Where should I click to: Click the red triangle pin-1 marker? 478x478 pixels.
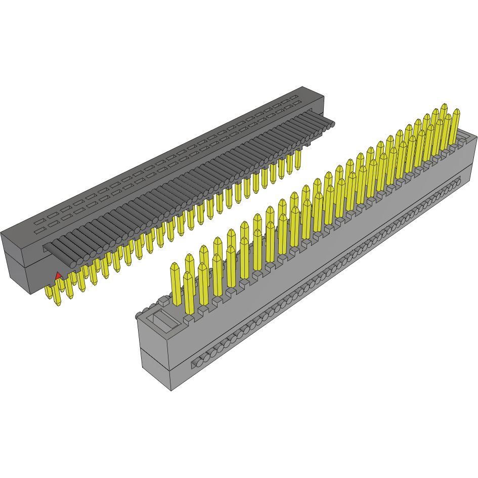58,275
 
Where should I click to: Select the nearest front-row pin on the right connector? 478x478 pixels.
189,293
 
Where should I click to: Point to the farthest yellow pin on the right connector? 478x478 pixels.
444,119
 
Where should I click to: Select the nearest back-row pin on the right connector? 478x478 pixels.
176,284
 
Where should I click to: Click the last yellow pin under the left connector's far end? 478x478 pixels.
299,159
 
